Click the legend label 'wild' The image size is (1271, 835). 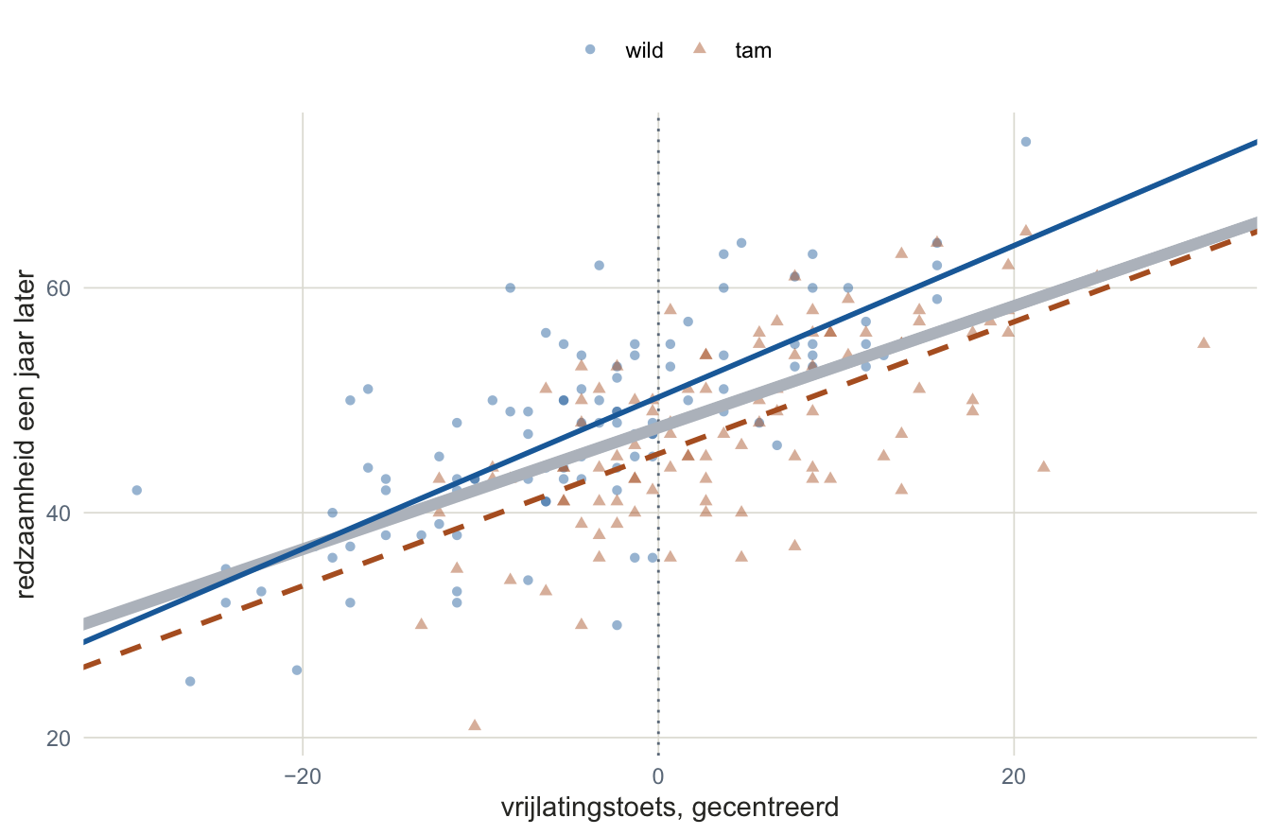(644, 50)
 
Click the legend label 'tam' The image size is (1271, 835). (753, 50)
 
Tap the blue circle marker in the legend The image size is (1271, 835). (590, 49)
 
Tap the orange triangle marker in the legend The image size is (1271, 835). (700, 48)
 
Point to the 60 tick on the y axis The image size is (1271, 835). (59, 288)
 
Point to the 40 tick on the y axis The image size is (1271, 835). (59, 513)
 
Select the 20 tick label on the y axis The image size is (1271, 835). (59, 739)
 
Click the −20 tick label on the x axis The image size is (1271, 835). (303, 776)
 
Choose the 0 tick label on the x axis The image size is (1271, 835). (658, 776)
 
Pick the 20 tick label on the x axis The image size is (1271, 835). (1014, 776)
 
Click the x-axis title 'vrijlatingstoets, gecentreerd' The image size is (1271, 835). (670, 808)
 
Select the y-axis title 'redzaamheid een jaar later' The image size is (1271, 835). (26, 434)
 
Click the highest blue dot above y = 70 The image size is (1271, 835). (1026, 142)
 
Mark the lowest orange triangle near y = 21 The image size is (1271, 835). (475, 724)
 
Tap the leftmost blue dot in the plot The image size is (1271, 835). (137, 490)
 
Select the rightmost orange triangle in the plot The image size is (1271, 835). (1204, 342)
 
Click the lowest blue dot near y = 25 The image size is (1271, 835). (190, 681)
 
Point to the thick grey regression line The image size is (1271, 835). (670, 423)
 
